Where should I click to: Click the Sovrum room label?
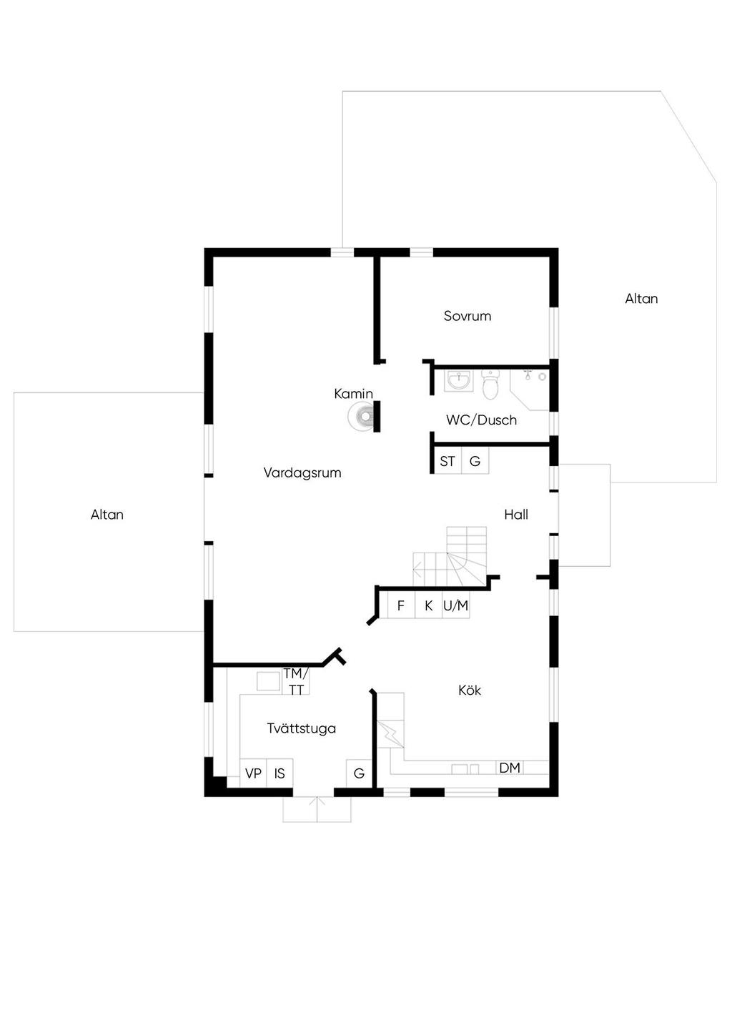(x=467, y=316)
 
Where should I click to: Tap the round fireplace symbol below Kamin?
(x=362, y=416)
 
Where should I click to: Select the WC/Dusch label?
(x=481, y=420)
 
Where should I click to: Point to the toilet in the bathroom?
(x=490, y=385)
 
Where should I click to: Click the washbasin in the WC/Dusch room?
(x=457, y=380)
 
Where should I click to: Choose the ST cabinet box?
(x=447, y=461)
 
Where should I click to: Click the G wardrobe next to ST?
(x=475, y=461)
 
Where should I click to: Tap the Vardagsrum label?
(x=302, y=472)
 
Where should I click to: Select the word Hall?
(x=515, y=515)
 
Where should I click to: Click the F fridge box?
(x=401, y=605)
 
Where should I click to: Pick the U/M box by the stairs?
(x=455, y=605)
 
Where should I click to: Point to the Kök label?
(x=470, y=690)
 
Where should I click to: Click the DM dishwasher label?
(x=510, y=768)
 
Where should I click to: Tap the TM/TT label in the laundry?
(x=295, y=681)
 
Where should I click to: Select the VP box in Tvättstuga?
(x=253, y=773)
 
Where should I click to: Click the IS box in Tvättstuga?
(x=280, y=773)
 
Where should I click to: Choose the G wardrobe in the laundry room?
(x=359, y=773)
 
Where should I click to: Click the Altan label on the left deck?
(x=107, y=515)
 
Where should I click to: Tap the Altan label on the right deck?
(x=641, y=299)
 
